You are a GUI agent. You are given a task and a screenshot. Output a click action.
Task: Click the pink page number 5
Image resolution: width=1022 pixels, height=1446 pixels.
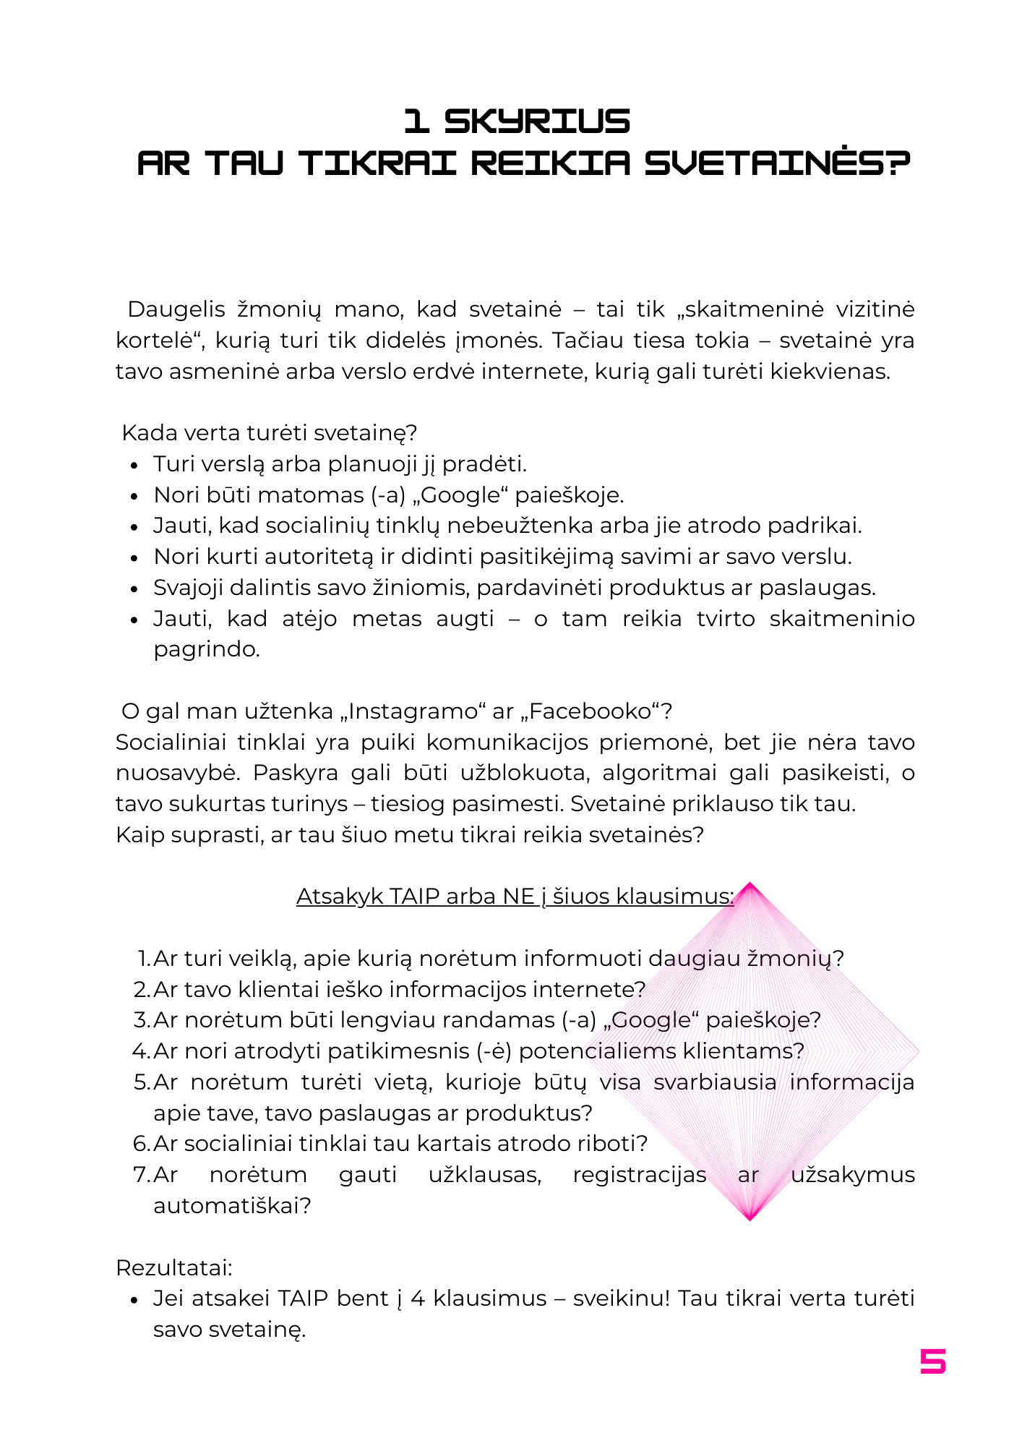pyautogui.click(x=932, y=1361)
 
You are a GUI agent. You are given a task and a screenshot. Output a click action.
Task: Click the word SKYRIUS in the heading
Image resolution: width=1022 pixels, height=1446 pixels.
pyautogui.click(x=536, y=121)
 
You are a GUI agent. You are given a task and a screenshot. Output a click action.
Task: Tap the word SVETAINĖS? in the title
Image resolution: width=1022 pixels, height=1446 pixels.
pyautogui.click(x=777, y=163)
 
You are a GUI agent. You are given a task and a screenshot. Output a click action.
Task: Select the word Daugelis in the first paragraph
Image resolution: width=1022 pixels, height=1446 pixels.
pyautogui.click(x=176, y=309)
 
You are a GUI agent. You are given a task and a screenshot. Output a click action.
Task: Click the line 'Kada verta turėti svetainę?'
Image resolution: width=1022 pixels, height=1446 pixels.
pyautogui.click(x=270, y=433)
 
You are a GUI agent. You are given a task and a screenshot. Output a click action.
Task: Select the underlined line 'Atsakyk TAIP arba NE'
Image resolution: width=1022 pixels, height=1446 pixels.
pyautogui.click(x=515, y=897)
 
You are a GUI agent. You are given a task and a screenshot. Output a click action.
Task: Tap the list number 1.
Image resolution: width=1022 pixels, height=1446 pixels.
pyautogui.click(x=143, y=959)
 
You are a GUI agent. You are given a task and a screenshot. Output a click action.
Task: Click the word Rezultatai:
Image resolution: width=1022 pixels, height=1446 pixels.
pyautogui.click(x=174, y=1268)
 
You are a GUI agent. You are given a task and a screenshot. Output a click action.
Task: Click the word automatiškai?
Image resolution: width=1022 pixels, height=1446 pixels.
pyautogui.click(x=232, y=1206)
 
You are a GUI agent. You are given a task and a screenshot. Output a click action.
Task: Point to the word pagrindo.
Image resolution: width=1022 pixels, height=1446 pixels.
pyautogui.click(x=207, y=649)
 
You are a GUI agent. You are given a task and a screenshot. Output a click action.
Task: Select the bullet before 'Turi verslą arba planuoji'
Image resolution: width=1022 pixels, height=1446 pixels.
pyautogui.click(x=134, y=466)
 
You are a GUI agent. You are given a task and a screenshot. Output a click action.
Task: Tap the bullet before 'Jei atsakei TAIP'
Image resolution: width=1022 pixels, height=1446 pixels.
pyautogui.click(x=134, y=1300)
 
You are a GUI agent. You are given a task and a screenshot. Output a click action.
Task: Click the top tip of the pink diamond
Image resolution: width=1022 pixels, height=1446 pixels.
pyautogui.click(x=750, y=884)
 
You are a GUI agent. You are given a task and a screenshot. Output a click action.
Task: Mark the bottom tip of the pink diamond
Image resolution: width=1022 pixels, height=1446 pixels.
pyautogui.click(x=750, y=1220)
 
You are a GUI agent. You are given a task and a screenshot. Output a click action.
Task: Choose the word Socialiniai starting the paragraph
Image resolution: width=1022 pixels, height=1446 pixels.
pyautogui.click(x=171, y=743)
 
